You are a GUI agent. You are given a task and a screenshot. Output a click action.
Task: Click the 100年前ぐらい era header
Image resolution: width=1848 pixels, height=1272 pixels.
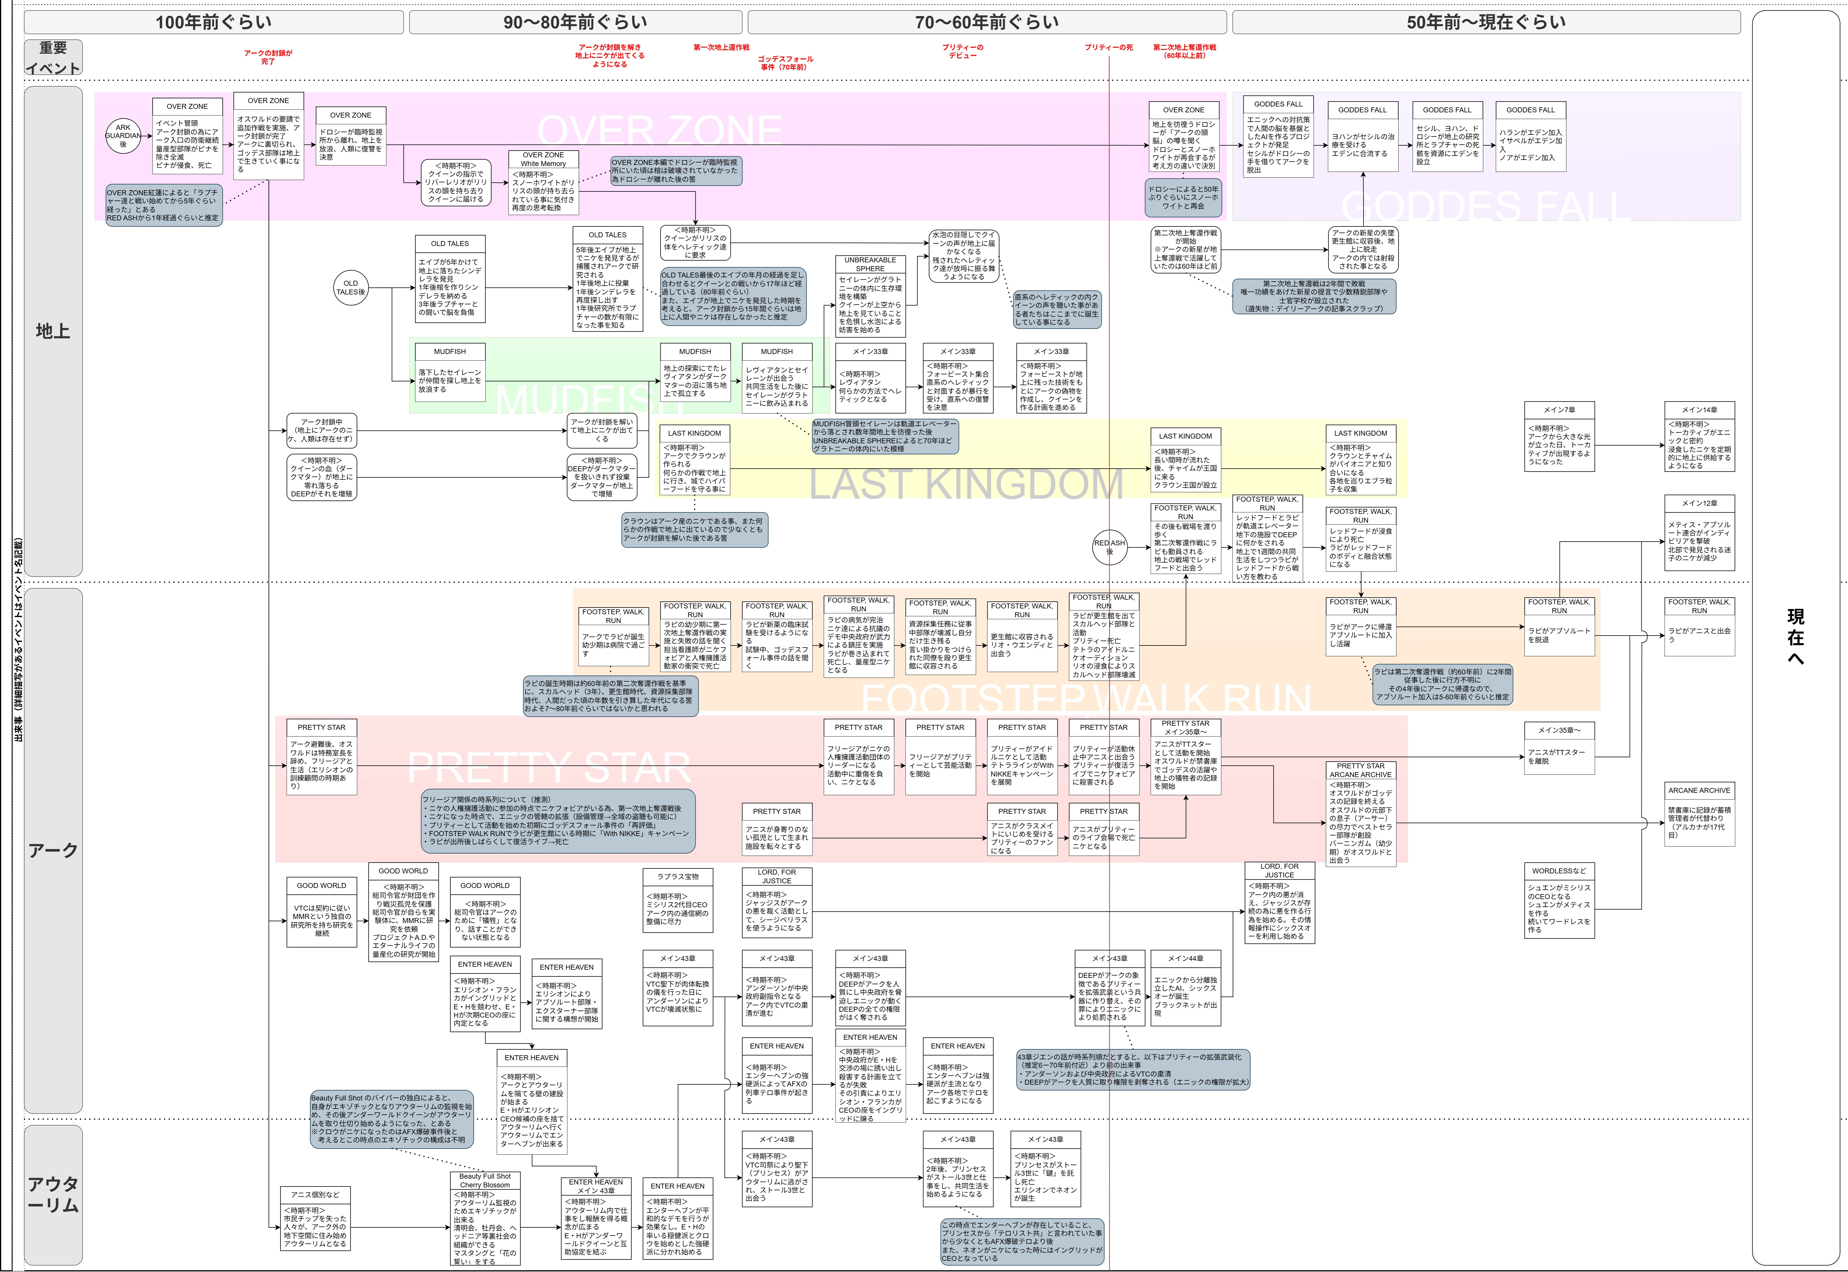coord(214,22)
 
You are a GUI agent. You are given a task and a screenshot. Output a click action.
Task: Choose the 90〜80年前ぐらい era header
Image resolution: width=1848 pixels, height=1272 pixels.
coord(575,22)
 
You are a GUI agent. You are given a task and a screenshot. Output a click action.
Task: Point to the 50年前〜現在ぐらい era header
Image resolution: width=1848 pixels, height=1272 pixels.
coord(1486,22)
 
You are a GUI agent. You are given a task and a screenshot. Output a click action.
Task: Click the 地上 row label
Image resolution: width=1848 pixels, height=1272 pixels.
coord(53,331)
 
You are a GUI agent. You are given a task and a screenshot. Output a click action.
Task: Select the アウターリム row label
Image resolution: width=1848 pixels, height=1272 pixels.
coord(53,1194)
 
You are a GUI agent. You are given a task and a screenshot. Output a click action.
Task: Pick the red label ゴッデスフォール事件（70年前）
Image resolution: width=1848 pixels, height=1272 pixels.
coord(785,63)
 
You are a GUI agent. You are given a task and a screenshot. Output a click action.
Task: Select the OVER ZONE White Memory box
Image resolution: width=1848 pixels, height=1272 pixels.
coord(543,182)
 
